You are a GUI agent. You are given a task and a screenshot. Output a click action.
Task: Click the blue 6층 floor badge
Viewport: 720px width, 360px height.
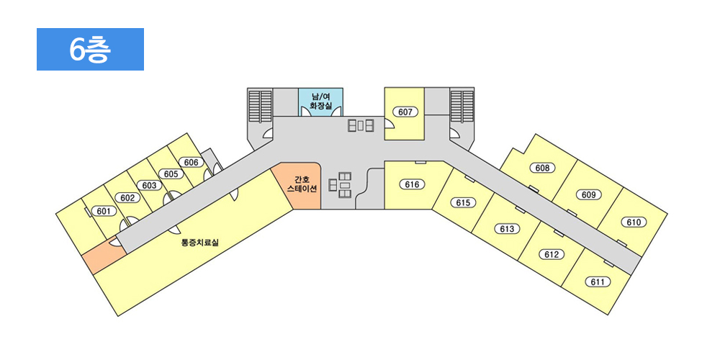click(x=90, y=49)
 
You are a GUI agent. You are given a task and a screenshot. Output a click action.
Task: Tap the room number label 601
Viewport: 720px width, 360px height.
click(x=104, y=211)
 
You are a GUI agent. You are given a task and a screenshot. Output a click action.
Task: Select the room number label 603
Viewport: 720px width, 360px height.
click(x=150, y=186)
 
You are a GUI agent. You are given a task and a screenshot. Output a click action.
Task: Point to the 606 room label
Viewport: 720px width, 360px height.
click(x=191, y=162)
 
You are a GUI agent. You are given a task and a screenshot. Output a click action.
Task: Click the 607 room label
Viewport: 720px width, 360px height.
click(x=405, y=112)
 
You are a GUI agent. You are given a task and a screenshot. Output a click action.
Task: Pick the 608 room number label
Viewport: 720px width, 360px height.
click(x=542, y=168)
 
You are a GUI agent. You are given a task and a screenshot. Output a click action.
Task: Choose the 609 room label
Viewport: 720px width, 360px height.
click(x=589, y=194)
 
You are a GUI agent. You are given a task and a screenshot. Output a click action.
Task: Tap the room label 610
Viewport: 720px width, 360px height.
click(x=634, y=222)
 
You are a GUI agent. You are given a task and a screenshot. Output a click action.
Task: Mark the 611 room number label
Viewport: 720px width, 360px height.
click(x=598, y=282)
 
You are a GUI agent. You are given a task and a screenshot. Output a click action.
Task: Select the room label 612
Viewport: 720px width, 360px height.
click(x=552, y=254)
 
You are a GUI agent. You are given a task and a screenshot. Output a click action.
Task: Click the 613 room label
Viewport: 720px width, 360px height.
click(x=507, y=229)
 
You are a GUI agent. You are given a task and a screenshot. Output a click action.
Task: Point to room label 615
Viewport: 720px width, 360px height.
click(x=463, y=202)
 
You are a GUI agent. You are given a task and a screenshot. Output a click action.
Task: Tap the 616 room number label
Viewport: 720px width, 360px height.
click(x=413, y=184)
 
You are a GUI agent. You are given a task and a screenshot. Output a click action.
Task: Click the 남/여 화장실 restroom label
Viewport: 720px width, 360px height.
click(x=320, y=101)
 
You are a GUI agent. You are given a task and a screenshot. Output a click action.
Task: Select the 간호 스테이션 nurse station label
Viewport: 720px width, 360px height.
click(x=302, y=184)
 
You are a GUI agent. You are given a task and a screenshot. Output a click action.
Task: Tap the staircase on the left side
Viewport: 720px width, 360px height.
click(x=261, y=105)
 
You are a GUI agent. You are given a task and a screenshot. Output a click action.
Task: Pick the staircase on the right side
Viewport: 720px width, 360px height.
click(x=462, y=106)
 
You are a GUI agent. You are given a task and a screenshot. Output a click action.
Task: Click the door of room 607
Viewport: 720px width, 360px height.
click(x=389, y=124)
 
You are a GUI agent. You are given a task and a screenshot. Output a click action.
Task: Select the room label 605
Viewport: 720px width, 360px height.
click(x=171, y=174)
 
